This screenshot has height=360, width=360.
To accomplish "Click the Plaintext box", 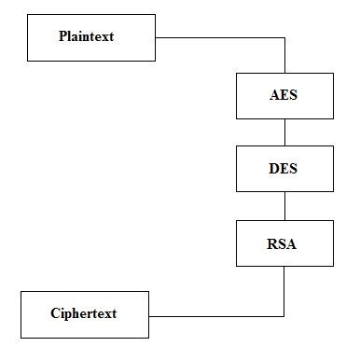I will [x=90, y=37].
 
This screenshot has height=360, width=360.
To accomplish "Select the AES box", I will [x=284, y=94].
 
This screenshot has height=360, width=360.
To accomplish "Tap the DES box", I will [x=284, y=169].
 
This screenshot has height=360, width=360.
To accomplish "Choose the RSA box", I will [x=284, y=243].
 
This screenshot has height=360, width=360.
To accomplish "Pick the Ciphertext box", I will [x=84, y=313].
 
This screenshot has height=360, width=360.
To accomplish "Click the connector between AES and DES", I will [x=284, y=132].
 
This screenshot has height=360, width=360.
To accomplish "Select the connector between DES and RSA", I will [x=284, y=206].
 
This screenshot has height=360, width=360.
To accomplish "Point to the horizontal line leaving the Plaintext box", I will [x=219, y=37].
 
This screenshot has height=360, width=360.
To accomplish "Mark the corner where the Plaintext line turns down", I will [x=284, y=37].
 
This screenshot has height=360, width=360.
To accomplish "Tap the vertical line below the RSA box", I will [x=284, y=290].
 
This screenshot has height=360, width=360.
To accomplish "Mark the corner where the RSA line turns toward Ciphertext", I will [x=284, y=313].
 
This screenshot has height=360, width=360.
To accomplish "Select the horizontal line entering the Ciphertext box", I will [x=215, y=313].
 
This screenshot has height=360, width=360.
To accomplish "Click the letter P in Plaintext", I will [x=62, y=37].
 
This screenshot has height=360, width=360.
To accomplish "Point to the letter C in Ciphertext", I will [x=55, y=313].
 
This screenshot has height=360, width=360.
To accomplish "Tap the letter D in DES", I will [x=273, y=169].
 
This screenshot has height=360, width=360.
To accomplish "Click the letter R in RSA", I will [x=272, y=243].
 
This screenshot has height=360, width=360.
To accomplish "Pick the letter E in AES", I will [x=284, y=94].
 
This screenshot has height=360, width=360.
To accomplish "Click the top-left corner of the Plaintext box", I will [x=27, y=14].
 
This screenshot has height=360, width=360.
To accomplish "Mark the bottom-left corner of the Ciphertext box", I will [x=21, y=337].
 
